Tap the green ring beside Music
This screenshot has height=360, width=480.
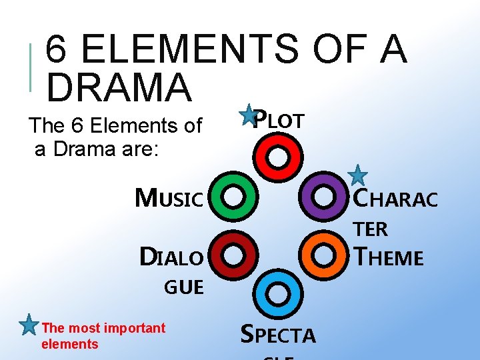(233, 197)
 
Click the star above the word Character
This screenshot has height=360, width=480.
(358, 175)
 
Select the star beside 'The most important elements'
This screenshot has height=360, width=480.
(29, 325)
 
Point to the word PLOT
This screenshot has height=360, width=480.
(281, 120)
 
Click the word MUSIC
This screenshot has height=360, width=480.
(169, 198)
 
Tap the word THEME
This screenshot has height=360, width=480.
(390, 257)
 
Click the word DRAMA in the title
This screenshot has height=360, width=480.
(119, 87)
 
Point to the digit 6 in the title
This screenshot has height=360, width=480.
(59, 49)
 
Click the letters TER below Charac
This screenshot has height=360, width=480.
(371, 229)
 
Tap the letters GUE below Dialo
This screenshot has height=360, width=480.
(184, 287)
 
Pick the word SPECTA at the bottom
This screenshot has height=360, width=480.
(277, 335)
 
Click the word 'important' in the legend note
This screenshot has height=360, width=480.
(134, 328)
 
